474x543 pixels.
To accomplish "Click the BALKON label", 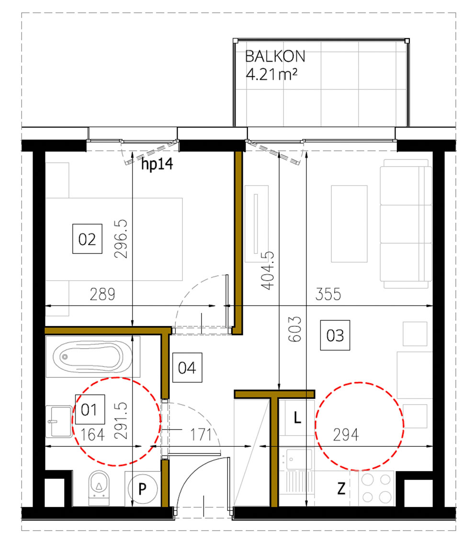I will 275,57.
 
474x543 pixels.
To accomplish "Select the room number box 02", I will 87,239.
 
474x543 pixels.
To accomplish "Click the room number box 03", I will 335,335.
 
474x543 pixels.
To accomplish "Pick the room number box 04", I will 187,368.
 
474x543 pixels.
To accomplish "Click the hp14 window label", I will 157,166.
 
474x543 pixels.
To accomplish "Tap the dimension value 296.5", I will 121,239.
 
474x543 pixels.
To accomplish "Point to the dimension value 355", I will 327,294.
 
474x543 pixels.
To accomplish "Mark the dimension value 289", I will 102,294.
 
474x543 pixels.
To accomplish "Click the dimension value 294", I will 346,435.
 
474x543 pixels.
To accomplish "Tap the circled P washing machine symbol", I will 142,489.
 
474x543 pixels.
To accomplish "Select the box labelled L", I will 297,419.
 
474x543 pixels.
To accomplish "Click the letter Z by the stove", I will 341,489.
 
